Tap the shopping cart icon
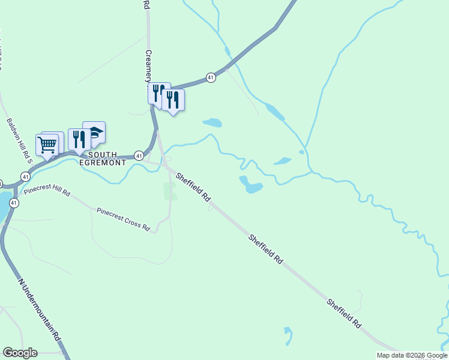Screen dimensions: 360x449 (x=47, y=144)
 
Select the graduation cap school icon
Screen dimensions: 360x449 (x=94, y=133)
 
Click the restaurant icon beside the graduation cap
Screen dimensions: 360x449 (x=79, y=139)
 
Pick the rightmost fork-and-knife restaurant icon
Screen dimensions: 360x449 (x=173, y=100)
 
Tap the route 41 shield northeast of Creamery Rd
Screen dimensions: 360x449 (x=211, y=77)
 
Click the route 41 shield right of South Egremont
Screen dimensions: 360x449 (x=139, y=155)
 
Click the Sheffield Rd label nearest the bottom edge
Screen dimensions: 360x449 (x=344, y=312)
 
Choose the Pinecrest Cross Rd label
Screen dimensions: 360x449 (x=123, y=218)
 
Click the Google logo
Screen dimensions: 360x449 (x=20, y=353)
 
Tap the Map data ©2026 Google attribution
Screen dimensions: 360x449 (x=412, y=355)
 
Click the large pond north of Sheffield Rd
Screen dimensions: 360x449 (x=251, y=185)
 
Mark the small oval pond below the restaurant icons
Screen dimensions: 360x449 (x=212, y=123)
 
